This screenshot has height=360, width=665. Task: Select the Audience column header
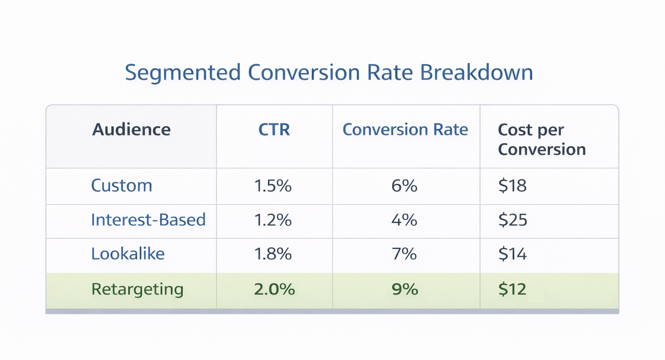[131, 130]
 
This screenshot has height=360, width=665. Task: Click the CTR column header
[274, 130]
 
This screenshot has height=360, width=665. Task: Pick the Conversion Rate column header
[405, 130]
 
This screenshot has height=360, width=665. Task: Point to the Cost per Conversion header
[542, 139]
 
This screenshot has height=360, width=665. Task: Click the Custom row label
[122, 186]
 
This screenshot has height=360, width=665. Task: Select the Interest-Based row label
[148, 220]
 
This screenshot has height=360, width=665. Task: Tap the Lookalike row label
[128, 254]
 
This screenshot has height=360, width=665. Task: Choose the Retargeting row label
[137, 289]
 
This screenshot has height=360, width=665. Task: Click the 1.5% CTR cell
[273, 186]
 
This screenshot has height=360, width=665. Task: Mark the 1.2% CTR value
[273, 220]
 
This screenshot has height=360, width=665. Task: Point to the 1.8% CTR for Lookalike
[273, 254]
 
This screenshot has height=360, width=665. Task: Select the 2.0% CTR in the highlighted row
[274, 289]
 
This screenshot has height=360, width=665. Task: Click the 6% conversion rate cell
[404, 186]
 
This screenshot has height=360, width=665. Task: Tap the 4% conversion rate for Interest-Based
[404, 220]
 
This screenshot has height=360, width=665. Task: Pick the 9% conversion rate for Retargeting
[405, 289]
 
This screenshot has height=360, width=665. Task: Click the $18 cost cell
[512, 186]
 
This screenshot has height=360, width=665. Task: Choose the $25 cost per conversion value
[513, 220]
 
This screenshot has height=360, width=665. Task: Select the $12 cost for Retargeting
[512, 289]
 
